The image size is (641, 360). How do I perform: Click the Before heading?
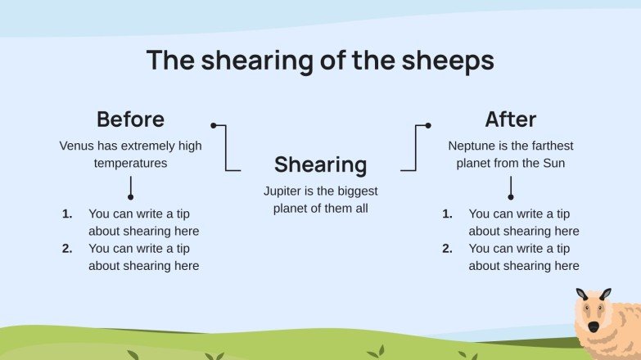(x=130, y=119)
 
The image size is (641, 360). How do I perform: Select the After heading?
(x=510, y=119)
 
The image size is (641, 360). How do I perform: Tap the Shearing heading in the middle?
(x=320, y=164)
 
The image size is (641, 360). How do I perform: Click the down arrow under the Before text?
(x=130, y=189)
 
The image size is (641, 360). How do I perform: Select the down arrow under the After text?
(x=511, y=189)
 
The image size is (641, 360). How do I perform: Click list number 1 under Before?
(x=67, y=214)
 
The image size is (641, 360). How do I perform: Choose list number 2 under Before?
(x=67, y=248)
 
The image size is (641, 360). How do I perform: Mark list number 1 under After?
(x=447, y=214)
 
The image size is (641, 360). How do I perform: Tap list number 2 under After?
(x=447, y=248)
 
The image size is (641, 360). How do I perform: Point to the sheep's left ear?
(x=582, y=295)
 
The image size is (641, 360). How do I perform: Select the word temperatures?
(x=131, y=163)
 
